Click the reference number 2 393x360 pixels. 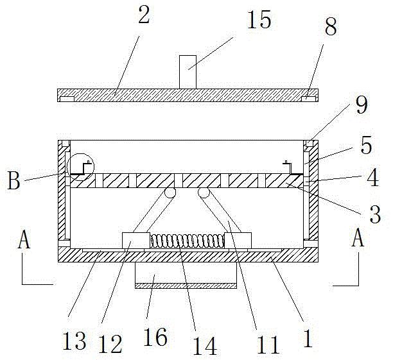pyautogui.click(x=144, y=16)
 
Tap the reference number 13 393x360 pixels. pyautogui.click(x=75, y=341)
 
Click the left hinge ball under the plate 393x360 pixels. pyautogui.click(x=170, y=193)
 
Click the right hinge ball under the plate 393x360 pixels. pyautogui.click(x=204, y=193)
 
